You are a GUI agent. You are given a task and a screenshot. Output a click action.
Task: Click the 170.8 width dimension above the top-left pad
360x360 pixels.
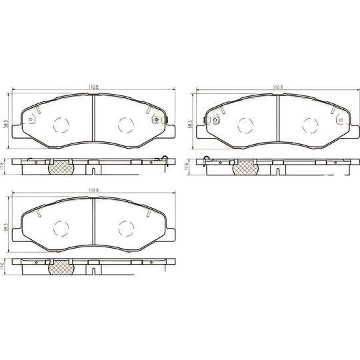click(x=92, y=87)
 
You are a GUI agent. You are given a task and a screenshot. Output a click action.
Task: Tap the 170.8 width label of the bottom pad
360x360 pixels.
click(x=92, y=191)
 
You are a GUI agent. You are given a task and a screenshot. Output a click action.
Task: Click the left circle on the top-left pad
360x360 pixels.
click(x=60, y=124)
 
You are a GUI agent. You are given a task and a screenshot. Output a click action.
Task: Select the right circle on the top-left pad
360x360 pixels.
click(x=125, y=124)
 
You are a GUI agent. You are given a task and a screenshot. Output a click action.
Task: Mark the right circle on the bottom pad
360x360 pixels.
click(x=125, y=228)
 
